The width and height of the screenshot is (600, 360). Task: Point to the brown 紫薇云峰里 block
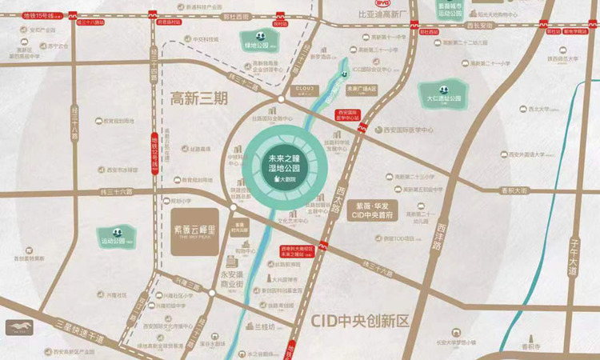(194, 233)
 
